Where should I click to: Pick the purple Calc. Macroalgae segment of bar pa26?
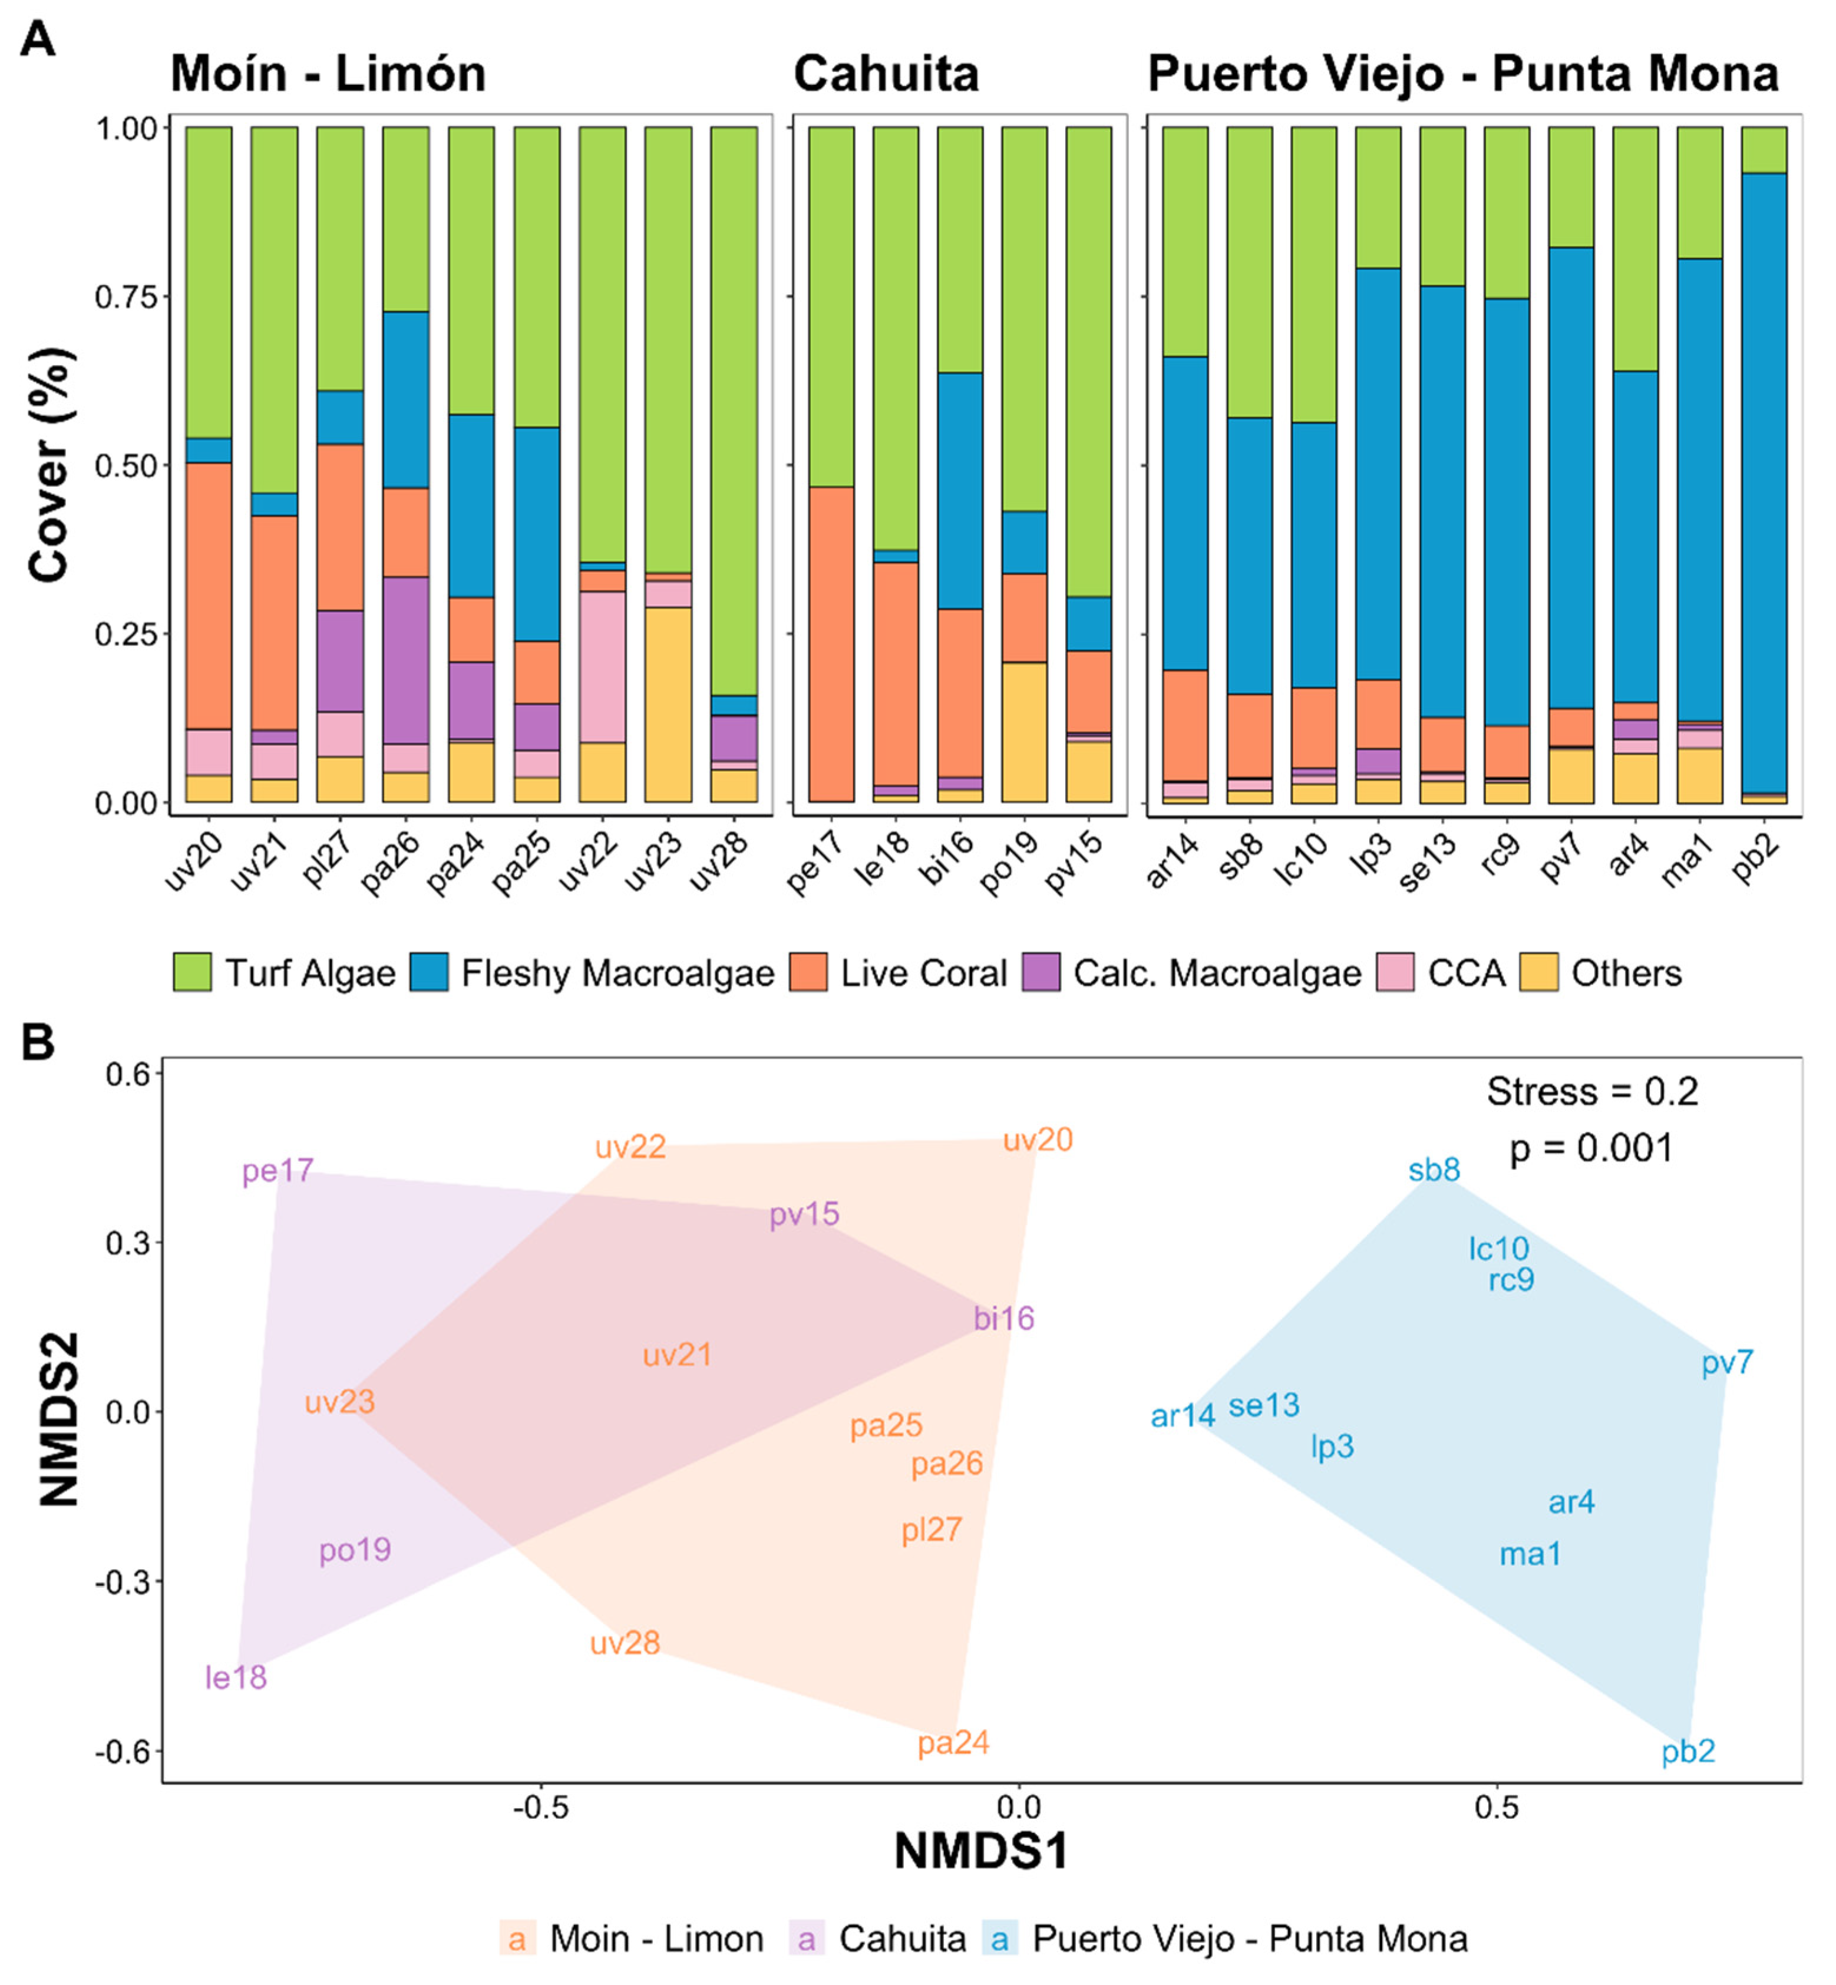(405, 660)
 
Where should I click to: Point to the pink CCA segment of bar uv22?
(602, 666)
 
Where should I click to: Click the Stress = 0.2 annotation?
(1591, 1092)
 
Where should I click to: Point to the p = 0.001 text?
(1591, 1148)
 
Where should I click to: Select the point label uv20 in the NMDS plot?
(1037, 1140)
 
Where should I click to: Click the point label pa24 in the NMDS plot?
(953, 1743)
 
